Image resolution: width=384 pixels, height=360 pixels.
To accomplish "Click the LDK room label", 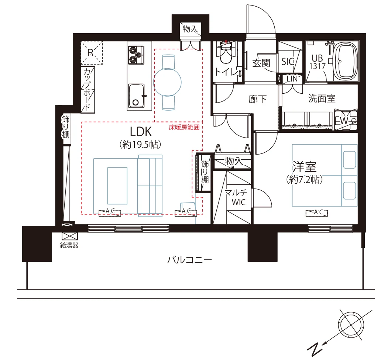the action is [x=141, y=132].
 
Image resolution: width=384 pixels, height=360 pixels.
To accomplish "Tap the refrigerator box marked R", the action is [x=92, y=53].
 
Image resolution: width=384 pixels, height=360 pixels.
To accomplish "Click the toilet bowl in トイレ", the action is [x=226, y=52].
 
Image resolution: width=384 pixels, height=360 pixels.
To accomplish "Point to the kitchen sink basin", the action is [x=136, y=96].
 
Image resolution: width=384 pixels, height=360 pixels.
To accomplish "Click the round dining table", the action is [x=168, y=82].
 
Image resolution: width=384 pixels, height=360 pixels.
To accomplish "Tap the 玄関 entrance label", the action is [x=261, y=63].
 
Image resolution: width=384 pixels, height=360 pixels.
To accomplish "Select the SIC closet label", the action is [x=288, y=62].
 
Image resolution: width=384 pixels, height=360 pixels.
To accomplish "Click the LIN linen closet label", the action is [x=292, y=79].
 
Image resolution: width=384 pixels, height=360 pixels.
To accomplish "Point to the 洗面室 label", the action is [x=322, y=98].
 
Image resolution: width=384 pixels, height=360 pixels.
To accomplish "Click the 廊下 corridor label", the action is [x=257, y=99].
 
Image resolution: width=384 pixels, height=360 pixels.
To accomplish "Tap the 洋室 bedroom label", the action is [x=304, y=167].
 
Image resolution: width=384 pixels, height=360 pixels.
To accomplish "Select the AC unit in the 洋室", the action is [x=317, y=213].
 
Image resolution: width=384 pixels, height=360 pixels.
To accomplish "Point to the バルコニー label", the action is [x=189, y=260].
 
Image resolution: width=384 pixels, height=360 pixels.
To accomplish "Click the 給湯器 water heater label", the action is [x=69, y=245].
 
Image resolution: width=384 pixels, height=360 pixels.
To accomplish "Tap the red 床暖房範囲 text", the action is [x=184, y=127].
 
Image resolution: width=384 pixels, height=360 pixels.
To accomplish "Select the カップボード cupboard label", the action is [x=87, y=89].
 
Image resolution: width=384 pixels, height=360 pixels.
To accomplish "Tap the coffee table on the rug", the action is [x=117, y=186].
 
